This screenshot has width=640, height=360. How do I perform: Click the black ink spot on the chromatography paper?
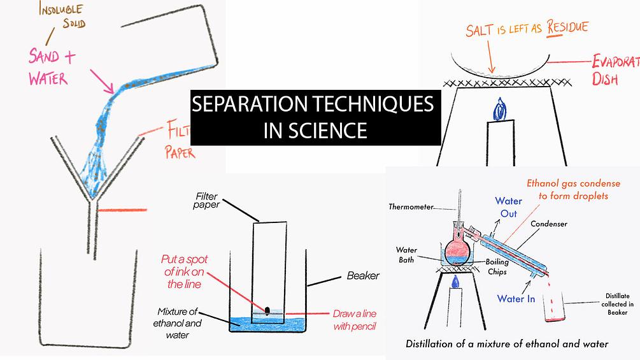pyautogui.click(x=267, y=309)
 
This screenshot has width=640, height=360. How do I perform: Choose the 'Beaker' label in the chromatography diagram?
pyautogui.click(x=363, y=276)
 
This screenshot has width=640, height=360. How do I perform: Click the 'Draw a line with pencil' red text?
pyautogui.click(x=355, y=320)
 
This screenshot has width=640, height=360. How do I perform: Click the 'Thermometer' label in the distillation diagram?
pyautogui.click(x=411, y=207)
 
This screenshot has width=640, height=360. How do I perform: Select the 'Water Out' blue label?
pyautogui.click(x=508, y=207)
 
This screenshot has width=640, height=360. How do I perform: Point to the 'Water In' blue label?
pyautogui.click(x=516, y=298)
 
